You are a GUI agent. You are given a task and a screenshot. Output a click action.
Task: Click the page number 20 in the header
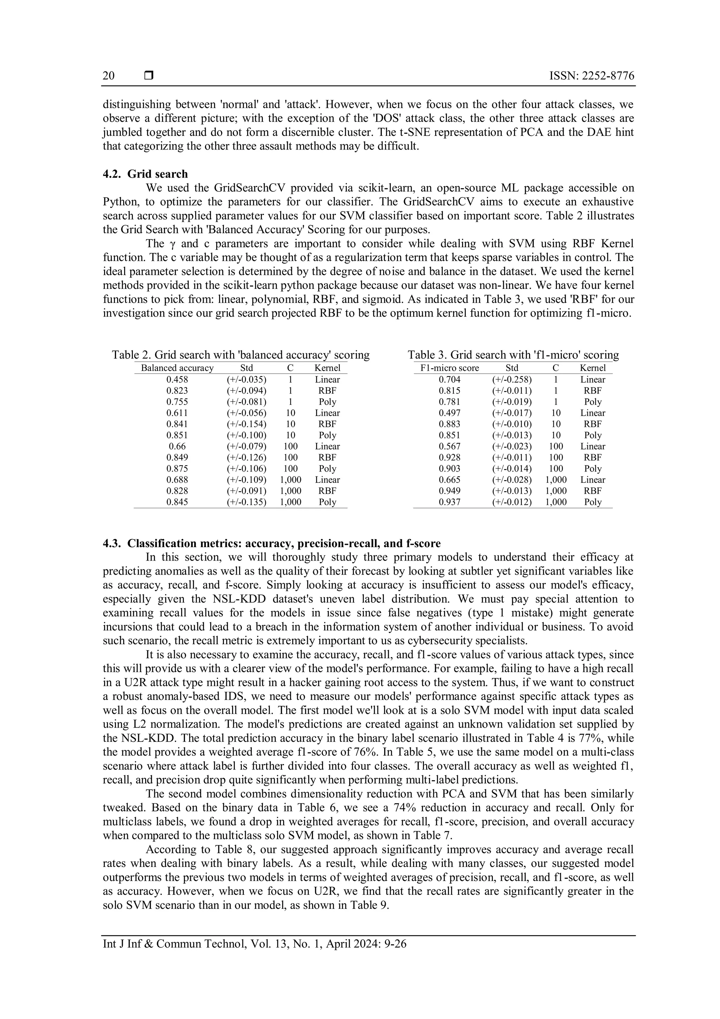tap(109, 76)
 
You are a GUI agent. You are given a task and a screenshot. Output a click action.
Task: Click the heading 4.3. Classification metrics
tap(271, 544)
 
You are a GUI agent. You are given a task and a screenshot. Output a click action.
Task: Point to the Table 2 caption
tap(240, 355)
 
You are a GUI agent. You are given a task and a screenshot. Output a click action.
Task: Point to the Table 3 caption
tap(513, 355)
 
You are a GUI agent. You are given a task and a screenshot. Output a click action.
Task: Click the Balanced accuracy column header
tap(177, 368)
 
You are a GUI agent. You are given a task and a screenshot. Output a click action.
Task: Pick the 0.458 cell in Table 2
tap(177, 379)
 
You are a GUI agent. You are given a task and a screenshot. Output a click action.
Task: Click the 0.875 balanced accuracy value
tap(177, 469)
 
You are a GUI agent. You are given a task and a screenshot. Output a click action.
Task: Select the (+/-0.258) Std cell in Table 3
tap(512, 379)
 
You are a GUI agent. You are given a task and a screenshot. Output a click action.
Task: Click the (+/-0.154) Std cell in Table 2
tap(246, 424)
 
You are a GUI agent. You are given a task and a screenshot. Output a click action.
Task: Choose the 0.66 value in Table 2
tap(177, 447)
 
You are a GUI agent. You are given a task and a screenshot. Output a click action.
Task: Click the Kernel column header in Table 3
tap(592, 368)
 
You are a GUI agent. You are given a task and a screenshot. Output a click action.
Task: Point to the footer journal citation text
tap(254, 944)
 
